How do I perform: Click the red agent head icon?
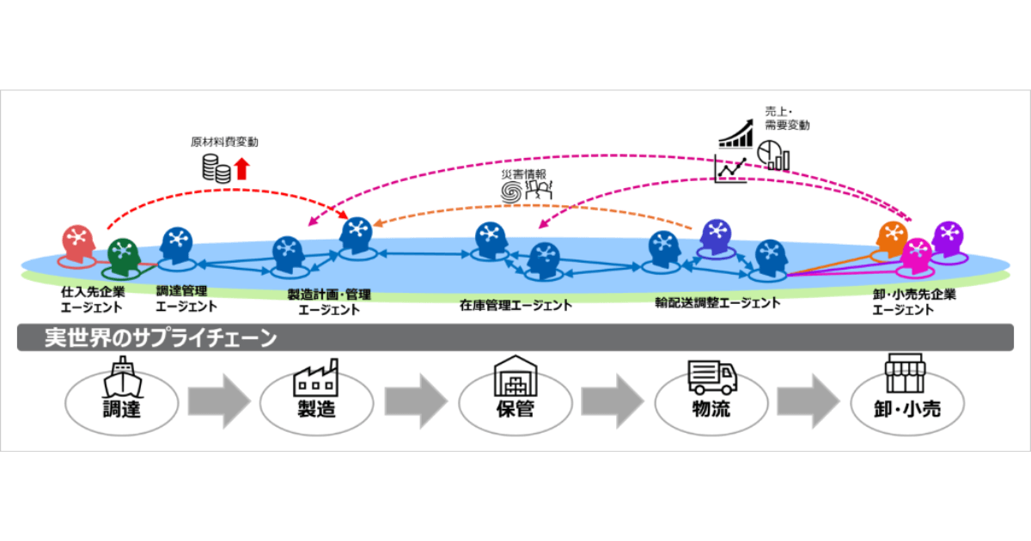tap(78, 242)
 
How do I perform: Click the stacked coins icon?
tap(217, 168)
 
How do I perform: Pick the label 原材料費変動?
tap(224, 142)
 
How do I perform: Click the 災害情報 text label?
tap(525, 174)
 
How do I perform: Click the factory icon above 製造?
tap(315, 377)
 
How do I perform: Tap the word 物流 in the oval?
tap(711, 408)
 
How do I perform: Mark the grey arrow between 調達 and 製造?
tap(218, 400)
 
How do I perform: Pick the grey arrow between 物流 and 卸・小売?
tap(808, 400)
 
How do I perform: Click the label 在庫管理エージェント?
tap(515, 304)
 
